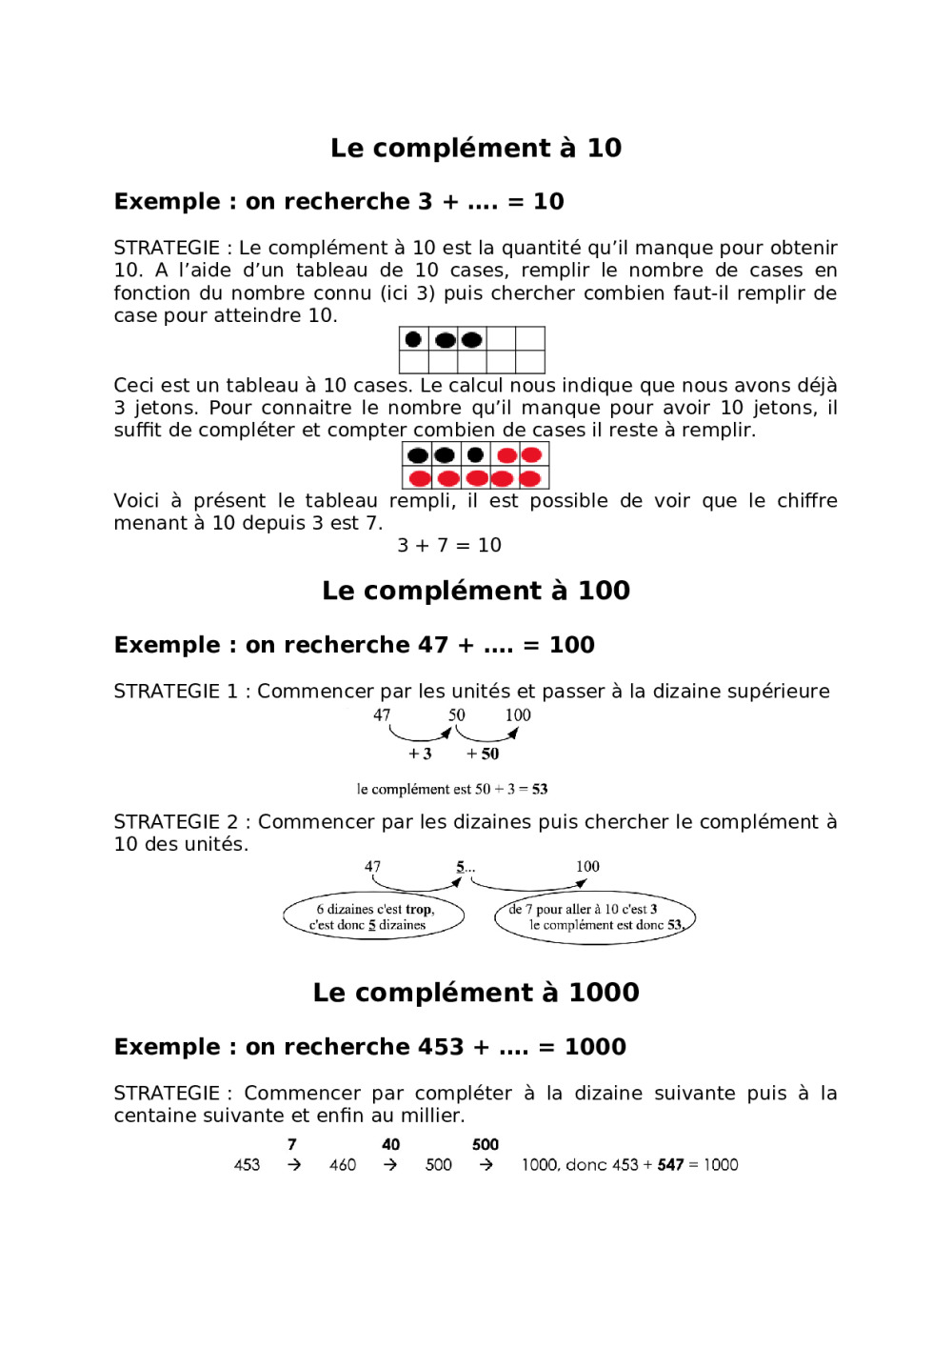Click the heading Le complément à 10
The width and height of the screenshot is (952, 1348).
click(x=476, y=148)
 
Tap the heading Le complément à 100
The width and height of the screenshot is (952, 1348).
click(x=476, y=591)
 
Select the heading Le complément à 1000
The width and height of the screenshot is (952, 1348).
click(x=476, y=993)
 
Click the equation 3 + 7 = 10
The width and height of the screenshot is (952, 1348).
click(x=449, y=545)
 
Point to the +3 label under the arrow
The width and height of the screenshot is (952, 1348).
click(x=420, y=754)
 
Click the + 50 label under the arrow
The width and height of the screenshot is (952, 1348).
click(x=483, y=754)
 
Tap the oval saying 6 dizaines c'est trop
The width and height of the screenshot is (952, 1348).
click(x=373, y=916)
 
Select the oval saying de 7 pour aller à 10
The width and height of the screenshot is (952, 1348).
click(x=595, y=917)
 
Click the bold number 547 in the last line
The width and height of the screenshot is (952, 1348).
click(x=670, y=1164)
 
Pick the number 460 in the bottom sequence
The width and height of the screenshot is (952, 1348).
click(x=343, y=1164)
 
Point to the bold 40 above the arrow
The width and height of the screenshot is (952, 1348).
click(x=390, y=1144)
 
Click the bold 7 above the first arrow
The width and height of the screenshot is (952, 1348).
click(x=292, y=1144)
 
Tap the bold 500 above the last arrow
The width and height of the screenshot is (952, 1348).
click(x=486, y=1144)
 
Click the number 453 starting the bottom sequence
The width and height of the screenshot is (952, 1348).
click(x=247, y=1164)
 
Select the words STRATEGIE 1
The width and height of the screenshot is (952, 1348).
click(x=175, y=691)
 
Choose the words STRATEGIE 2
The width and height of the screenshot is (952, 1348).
click(x=175, y=821)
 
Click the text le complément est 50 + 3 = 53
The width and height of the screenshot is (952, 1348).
click(x=452, y=789)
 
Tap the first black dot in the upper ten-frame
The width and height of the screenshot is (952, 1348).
click(x=413, y=339)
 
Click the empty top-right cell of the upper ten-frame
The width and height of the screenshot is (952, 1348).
click(x=530, y=339)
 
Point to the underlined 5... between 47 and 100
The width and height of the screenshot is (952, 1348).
click(x=465, y=867)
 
